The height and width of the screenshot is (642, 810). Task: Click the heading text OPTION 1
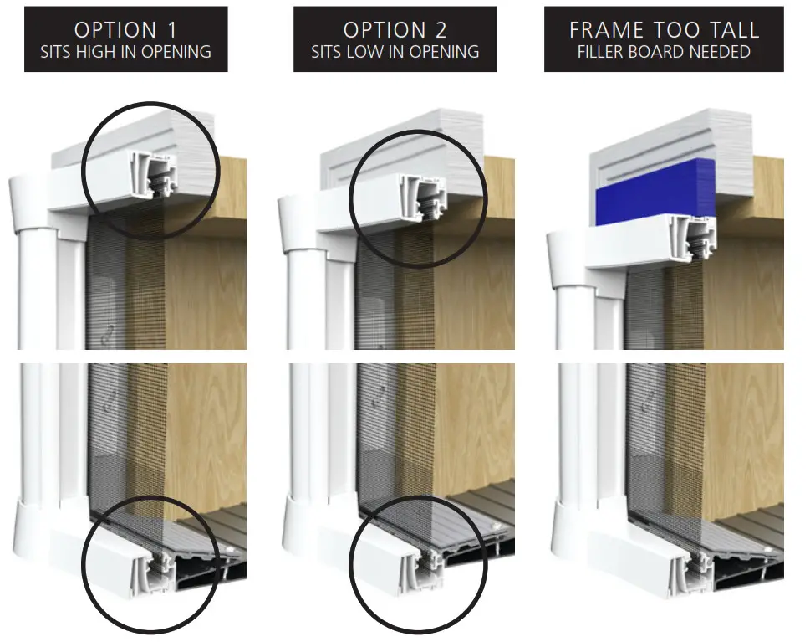(x=125, y=29)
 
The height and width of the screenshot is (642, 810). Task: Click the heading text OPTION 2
(x=395, y=29)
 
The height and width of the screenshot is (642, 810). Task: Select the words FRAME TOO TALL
(x=664, y=29)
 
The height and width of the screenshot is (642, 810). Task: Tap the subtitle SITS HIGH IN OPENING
(x=125, y=52)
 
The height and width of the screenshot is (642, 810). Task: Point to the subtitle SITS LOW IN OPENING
(x=395, y=52)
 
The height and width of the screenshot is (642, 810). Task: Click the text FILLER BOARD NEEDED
(x=664, y=52)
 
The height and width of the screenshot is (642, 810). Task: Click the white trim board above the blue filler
(x=652, y=142)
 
